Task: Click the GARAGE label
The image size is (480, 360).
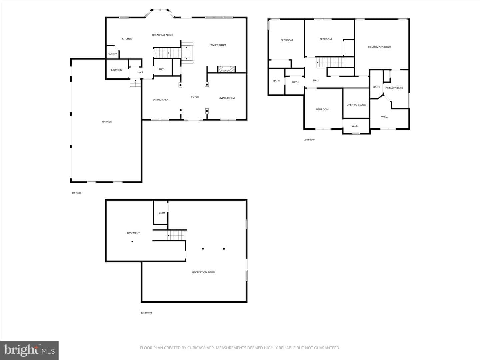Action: (107, 122)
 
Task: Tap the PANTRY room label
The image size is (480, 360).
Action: (112, 54)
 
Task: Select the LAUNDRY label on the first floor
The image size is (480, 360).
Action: (117, 70)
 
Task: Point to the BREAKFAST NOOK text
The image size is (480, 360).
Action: (162, 35)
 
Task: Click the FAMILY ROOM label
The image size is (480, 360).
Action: (218, 45)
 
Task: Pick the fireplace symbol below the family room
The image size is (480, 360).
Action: (227, 69)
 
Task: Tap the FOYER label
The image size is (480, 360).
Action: (195, 97)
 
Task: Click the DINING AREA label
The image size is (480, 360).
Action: (161, 100)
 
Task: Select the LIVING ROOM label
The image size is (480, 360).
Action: (227, 98)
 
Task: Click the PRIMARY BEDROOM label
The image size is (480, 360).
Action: (379, 47)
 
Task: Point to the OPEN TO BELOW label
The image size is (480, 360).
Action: (356, 105)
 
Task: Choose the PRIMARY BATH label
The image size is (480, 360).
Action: (394, 88)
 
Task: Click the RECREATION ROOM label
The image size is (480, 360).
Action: (204, 272)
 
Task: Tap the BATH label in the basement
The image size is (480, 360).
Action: (162, 213)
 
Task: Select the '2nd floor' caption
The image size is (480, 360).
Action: (309, 140)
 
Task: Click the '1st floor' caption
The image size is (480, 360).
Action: (76, 193)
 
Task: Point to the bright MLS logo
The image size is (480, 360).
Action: (29, 350)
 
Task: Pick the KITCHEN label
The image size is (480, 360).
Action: (127, 39)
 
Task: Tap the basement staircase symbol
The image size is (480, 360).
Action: (176, 235)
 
